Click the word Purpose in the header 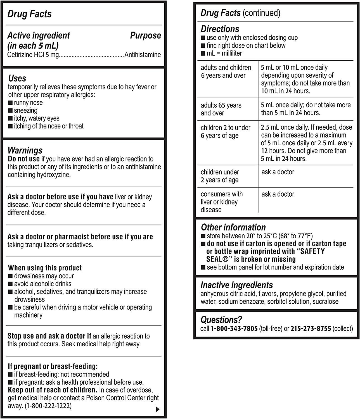145,35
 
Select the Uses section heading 17,78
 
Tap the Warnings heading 25,150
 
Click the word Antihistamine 143,55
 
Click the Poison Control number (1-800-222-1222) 48,406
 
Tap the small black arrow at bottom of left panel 157,409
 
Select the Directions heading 220,29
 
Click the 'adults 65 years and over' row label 221,109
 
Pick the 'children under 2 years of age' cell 220,176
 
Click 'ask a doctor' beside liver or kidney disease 278,194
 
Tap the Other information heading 233,227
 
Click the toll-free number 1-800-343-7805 234,328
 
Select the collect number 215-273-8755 311,328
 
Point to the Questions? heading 221,320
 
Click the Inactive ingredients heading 236,285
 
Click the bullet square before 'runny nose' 10,103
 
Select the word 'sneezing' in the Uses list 25,111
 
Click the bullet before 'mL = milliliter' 203,53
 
